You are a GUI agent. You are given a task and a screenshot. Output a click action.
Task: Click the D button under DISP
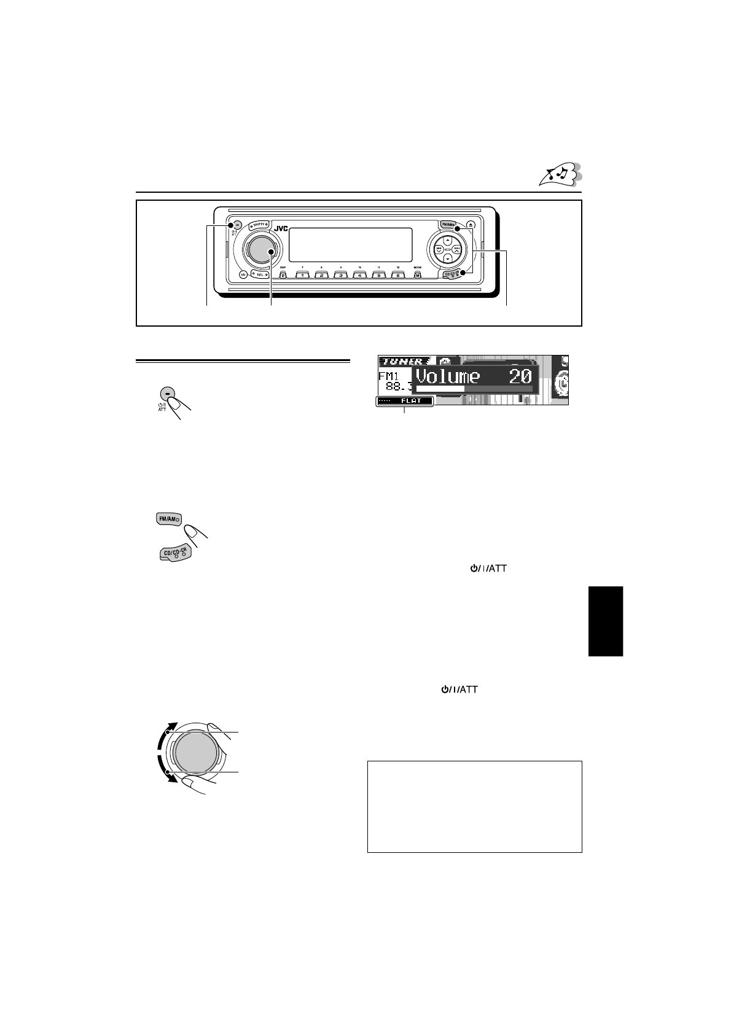[283, 275]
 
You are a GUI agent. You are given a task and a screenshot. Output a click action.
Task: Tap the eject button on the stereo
[471, 225]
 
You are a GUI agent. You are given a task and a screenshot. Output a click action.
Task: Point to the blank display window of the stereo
[350, 244]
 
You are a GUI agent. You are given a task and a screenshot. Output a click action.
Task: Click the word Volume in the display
[447, 376]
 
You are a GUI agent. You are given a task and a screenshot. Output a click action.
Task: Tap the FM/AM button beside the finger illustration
[170, 519]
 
